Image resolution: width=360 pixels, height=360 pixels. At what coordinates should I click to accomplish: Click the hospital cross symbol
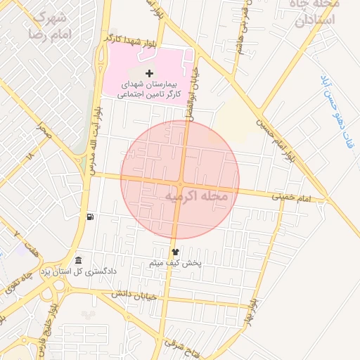(148, 73)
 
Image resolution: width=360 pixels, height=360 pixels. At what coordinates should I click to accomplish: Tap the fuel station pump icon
(89, 217)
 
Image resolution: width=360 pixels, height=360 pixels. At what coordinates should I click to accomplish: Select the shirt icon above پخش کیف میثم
(175, 251)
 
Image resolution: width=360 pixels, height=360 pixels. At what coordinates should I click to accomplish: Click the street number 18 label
(29, 155)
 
